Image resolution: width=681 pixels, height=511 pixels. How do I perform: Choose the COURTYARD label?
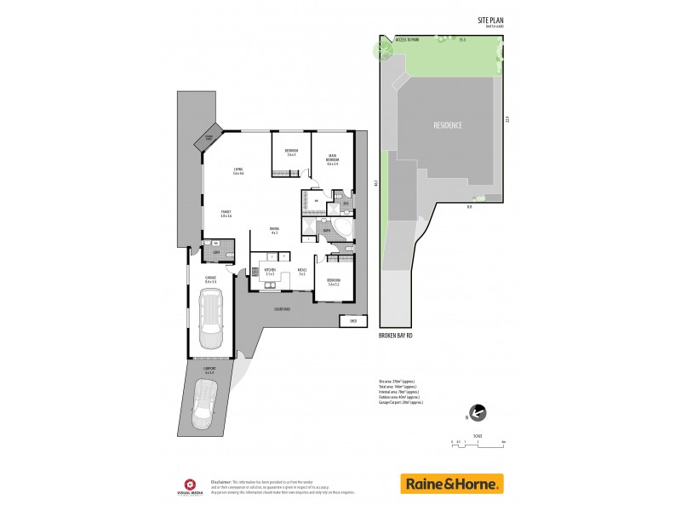282,309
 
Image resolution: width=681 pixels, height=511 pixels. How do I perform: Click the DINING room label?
274,230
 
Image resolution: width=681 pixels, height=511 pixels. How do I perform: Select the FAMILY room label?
226,213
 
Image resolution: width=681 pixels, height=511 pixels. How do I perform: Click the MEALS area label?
301,273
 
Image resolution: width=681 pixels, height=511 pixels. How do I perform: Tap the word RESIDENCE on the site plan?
448,125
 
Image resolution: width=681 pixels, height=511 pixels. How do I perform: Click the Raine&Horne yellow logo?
452,484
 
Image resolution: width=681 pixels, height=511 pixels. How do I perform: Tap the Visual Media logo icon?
192,483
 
